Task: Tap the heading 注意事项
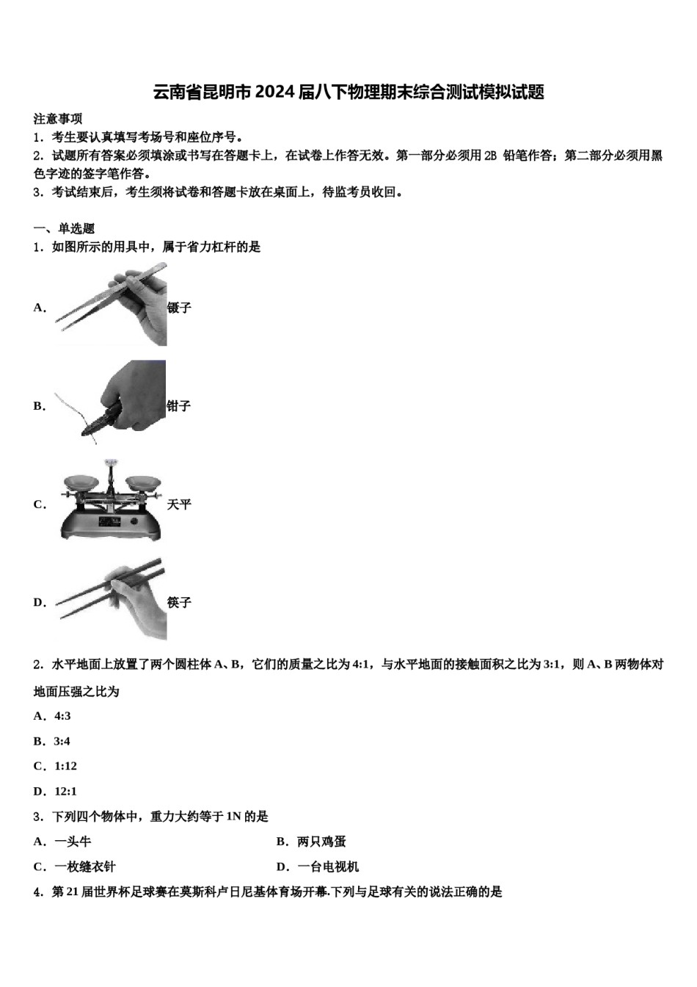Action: click(x=58, y=119)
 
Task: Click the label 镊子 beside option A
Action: click(x=179, y=308)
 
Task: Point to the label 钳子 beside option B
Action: click(x=179, y=406)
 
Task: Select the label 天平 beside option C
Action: click(x=179, y=505)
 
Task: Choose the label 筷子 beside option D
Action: click(x=179, y=602)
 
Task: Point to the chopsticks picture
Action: click(x=114, y=599)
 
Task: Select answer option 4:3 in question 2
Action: click(x=62, y=716)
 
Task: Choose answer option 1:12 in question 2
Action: click(x=65, y=766)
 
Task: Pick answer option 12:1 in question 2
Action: click(x=65, y=791)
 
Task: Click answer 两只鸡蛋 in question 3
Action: click(x=321, y=842)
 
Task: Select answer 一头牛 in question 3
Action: click(x=73, y=842)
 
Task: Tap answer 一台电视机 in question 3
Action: click(x=328, y=867)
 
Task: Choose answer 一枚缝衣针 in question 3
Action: click(x=84, y=867)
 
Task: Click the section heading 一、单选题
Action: click(x=65, y=228)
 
